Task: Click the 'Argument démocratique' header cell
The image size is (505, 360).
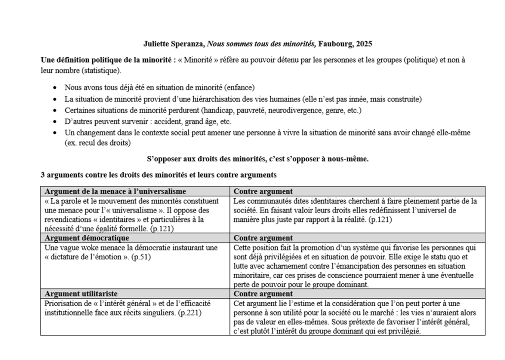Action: click(x=87, y=238)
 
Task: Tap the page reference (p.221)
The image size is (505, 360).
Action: click(x=190, y=313)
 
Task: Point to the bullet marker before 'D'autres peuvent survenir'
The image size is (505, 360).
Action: click(x=54, y=122)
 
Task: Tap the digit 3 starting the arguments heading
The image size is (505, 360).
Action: click(x=43, y=175)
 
